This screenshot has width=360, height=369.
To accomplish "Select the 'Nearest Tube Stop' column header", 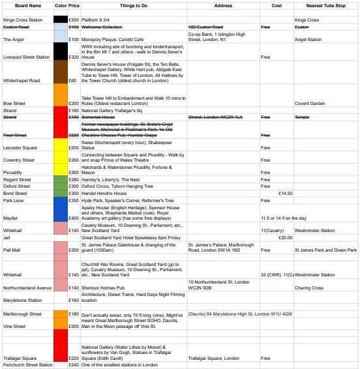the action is [x=325, y=5].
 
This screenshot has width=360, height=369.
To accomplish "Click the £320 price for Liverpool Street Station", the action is [x=74, y=57].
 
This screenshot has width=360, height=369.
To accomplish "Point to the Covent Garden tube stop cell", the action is [x=310, y=103].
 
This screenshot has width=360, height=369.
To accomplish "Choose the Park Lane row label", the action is [x=14, y=200].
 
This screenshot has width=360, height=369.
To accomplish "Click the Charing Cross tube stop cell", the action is [x=308, y=288].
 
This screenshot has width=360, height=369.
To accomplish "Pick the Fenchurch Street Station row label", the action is [x=27, y=365].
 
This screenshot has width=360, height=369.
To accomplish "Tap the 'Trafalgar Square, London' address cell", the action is [x=213, y=358].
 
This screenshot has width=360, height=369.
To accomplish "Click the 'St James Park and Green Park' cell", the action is [x=325, y=250].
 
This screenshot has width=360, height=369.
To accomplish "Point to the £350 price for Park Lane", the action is [x=74, y=200].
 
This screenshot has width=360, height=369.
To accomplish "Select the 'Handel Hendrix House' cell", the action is [x=108, y=193].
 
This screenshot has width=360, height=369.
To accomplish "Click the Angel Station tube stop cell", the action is [x=308, y=40].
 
